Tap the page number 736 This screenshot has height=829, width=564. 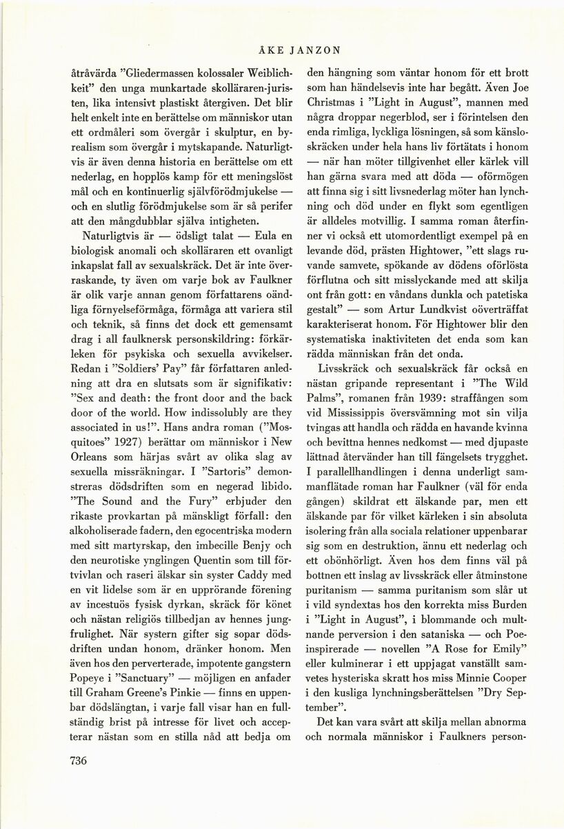pos(82,760)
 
